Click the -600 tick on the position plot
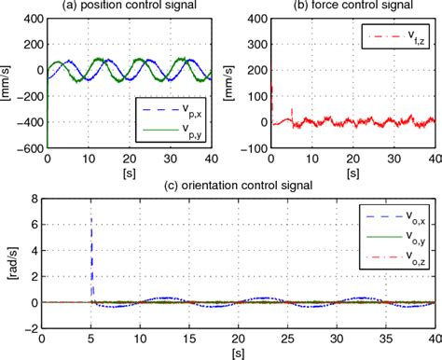coord(34,146)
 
